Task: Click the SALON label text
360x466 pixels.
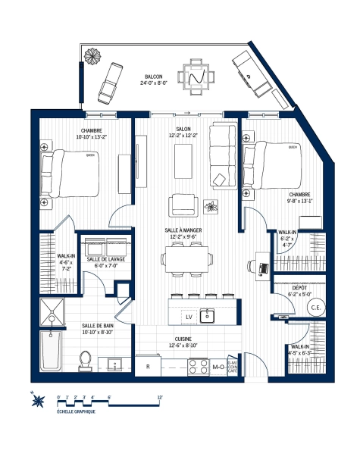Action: tap(183, 130)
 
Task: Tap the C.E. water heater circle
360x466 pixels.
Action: tap(317, 307)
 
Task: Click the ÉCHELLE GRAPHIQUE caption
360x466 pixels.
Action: tap(77, 412)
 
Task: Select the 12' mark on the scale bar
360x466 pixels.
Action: tap(159, 396)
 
